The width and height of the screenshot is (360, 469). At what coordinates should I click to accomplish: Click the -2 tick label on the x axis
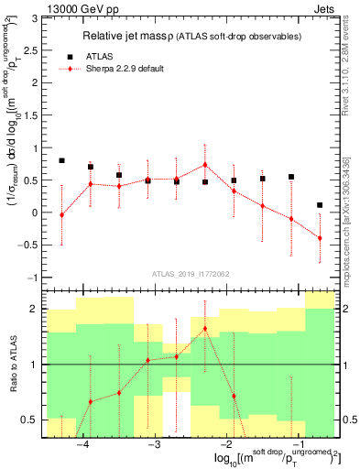coord(226,444)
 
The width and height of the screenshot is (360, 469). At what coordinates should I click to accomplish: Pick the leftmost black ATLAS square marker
coord(61,160)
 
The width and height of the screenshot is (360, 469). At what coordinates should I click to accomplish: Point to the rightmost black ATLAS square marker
coord(320,205)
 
